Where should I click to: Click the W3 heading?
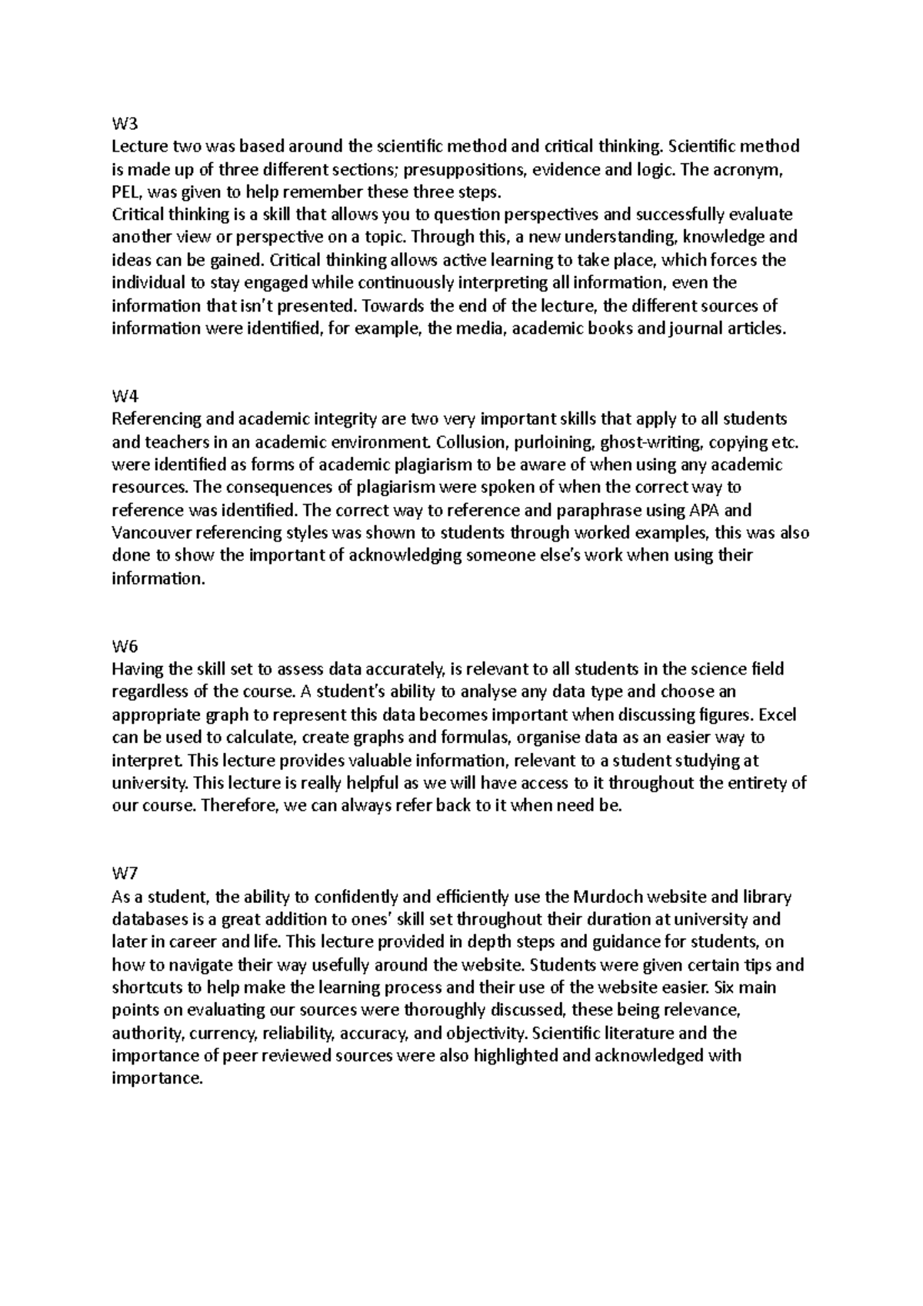[x=123, y=123]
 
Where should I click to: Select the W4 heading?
[x=123, y=396]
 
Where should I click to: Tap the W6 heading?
[x=123, y=646]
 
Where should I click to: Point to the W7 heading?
[x=123, y=874]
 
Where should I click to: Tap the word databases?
[x=145, y=919]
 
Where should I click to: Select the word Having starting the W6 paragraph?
[x=135, y=669]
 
